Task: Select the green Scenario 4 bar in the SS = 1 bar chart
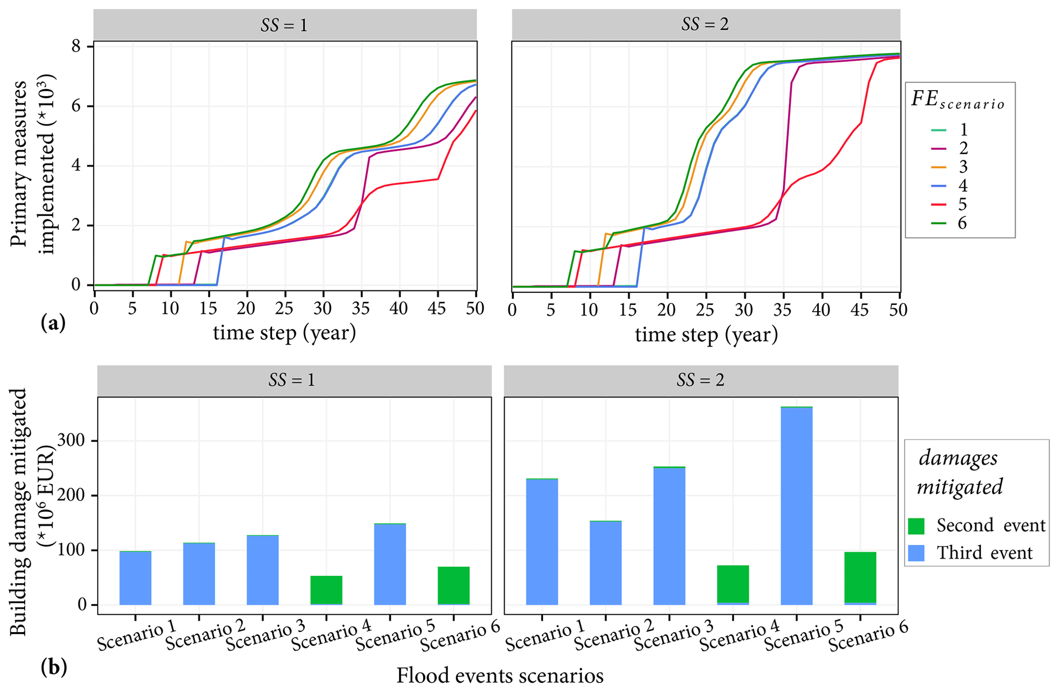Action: [x=326, y=590]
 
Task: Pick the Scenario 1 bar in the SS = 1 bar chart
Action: [x=135, y=578]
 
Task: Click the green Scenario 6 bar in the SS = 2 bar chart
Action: [x=860, y=577]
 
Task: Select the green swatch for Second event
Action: [x=916, y=526]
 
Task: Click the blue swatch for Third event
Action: [x=916, y=553]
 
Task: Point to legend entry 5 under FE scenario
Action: [x=962, y=204]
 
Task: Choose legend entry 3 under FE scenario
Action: [x=962, y=167]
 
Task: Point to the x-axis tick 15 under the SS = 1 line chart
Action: [x=209, y=309]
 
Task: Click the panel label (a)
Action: [x=53, y=323]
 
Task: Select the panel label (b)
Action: [x=53, y=667]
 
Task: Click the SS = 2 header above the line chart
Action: [x=705, y=25]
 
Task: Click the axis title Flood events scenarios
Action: [x=500, y=676]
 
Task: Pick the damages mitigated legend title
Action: [x=959, y=472]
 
